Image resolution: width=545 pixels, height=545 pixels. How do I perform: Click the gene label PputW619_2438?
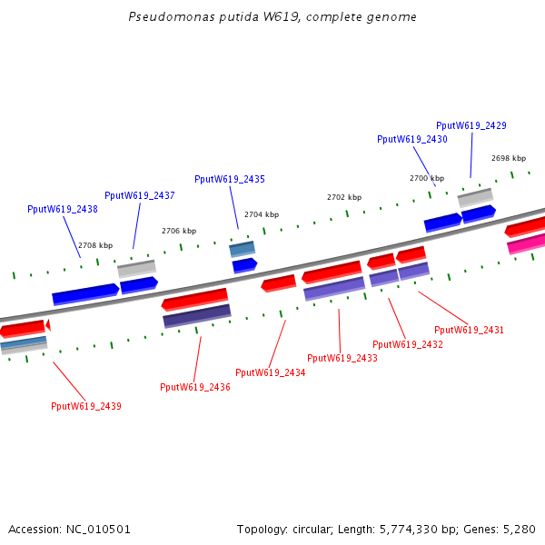tap(63, 209)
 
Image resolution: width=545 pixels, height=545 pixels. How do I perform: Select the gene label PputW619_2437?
tap(140, 195)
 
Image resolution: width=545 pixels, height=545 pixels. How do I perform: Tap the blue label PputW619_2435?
tap(230, 179)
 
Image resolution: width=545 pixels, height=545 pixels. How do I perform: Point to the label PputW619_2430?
tap(412, 139)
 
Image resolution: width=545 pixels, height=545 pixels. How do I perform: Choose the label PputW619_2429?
tap(471, 125)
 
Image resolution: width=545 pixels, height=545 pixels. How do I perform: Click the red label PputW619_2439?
tap(86, 406)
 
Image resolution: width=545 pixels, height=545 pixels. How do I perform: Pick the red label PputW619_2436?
tap(195, 387)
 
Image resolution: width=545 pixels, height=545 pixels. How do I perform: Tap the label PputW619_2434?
tap(271, 372)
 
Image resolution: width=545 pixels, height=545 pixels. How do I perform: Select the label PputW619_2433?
tap(342, 358)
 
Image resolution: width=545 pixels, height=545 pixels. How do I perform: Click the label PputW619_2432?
tap(408, 344)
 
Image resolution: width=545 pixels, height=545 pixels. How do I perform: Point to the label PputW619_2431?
tap(469, 330)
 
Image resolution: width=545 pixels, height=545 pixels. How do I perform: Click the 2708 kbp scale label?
tap(95, 245)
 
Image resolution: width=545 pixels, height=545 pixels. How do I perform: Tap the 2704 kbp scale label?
tap(262, 214)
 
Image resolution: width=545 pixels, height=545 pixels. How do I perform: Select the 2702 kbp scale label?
tap(344, 197)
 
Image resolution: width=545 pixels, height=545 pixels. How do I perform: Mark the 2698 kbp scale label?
tap(509, 158)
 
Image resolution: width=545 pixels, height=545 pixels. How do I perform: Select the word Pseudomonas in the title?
tap(161, 17)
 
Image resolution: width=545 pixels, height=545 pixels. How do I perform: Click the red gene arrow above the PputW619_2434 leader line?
tap(279, 283)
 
